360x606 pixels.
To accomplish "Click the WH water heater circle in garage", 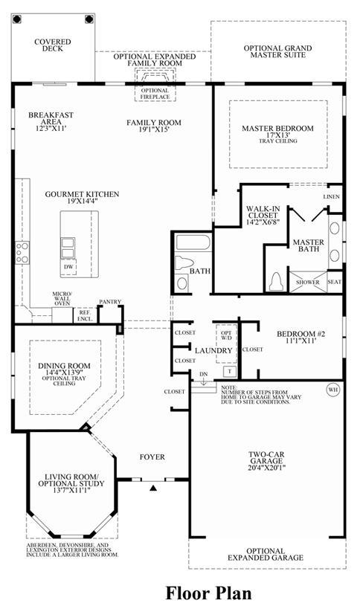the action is (x=333, y=390).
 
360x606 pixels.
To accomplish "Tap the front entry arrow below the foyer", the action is (x=154, y=488).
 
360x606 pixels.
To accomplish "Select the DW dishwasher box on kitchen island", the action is (x=69, y=267).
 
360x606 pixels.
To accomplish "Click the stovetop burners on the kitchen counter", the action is (x=22, y=253).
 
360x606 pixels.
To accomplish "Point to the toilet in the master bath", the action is (x=276, y=281).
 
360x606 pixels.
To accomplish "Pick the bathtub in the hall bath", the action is (x=193, y=242).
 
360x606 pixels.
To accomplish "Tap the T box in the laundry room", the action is (x=230, y=371).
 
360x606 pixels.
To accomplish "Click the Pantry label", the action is (x=110, y=301).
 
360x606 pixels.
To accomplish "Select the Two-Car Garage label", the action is (x=266, y=458).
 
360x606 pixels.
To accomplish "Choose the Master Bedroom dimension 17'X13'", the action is (x=277, y=135).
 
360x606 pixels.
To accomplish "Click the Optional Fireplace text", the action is (x=155, y=94).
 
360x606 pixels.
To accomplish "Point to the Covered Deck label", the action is (x=53, y=45).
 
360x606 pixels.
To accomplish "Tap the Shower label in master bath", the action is (x=308, y=282).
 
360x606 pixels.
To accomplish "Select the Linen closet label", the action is (x=332, y=197).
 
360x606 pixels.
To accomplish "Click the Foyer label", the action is (x=152, y=457).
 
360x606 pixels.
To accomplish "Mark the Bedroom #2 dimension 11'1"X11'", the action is (x=301, y=341).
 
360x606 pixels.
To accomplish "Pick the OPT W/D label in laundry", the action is (x=226, y=335).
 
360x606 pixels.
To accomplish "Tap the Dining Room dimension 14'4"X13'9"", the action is (x=64, y=373).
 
